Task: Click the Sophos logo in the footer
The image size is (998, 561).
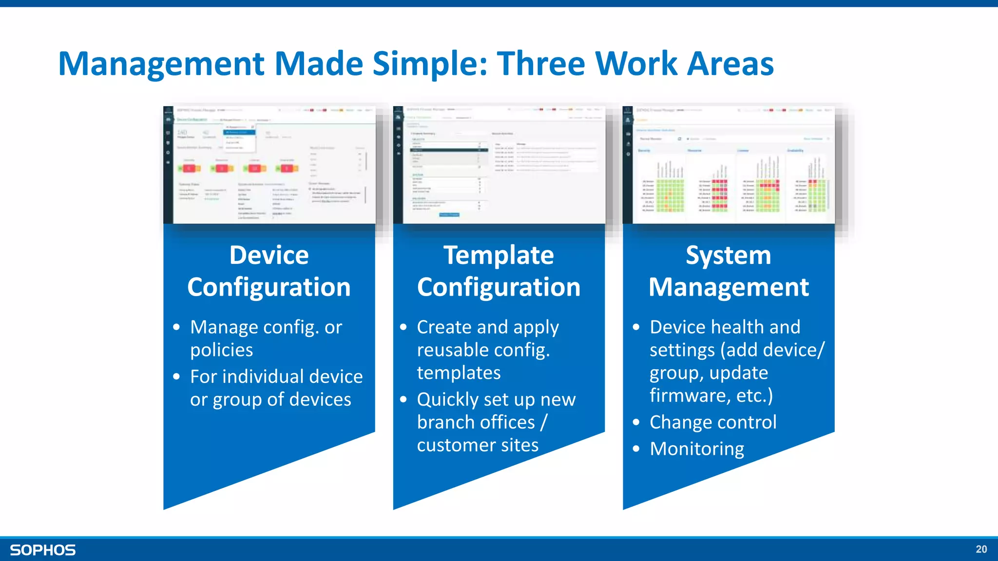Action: point(43,550)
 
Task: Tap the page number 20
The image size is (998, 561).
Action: point(981,549)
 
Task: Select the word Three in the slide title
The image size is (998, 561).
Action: point(541,64)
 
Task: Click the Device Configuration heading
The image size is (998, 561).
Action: point(269,271)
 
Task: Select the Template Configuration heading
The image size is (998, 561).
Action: point(499,271)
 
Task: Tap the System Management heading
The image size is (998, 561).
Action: point(729,271)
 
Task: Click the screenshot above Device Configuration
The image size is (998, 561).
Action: point(269,165)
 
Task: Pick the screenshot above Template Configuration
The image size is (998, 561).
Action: point(499,165)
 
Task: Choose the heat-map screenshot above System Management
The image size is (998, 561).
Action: point(729,165)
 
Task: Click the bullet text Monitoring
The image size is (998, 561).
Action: point(697,449)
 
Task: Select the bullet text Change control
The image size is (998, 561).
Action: point(713,422)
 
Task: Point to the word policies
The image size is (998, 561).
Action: point(222,350)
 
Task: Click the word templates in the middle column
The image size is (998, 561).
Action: point(459,373)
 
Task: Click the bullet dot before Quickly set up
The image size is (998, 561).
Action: point(403,400)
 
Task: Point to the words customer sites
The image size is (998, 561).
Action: point(478,445)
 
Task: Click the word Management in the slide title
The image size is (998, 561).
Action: point(161,64)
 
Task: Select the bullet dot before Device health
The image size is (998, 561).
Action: point(636,327)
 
